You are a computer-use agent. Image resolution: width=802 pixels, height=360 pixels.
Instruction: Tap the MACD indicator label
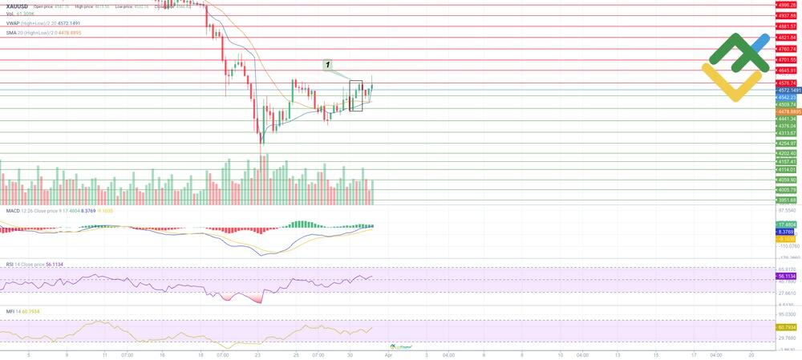(14, 210)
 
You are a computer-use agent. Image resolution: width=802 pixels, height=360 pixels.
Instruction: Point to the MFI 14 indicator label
(11, 311)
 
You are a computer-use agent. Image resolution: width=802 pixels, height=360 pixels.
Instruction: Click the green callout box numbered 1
(328, 63)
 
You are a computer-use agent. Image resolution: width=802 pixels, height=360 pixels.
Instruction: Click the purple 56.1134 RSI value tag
(787, 276)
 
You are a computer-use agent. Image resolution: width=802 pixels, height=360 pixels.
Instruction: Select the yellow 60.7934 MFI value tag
(787, 327)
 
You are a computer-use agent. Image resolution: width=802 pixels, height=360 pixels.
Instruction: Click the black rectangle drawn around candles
(356, 95)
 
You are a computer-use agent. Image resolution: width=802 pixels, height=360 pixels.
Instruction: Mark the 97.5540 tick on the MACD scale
(787, 209)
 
